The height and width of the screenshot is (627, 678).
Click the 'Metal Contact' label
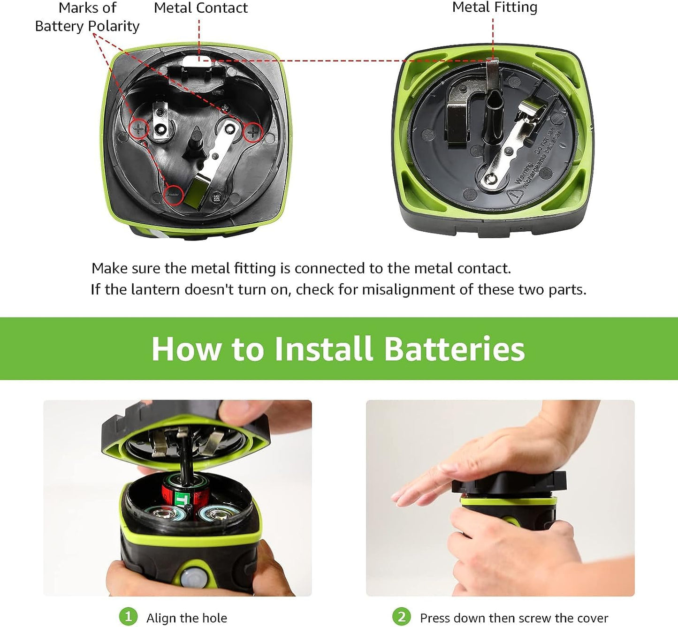click(200, 8)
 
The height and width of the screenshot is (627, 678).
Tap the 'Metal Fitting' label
click(495, 8)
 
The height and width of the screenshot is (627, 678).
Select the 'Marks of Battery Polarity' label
click(87, 17)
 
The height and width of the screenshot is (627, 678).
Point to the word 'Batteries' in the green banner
click(454, 349)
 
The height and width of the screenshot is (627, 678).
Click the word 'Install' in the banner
click(323, 349)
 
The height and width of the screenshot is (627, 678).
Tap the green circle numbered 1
click(128, 616)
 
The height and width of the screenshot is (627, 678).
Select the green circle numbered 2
click(401, 616)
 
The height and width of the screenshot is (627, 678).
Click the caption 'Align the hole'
click(187, 618)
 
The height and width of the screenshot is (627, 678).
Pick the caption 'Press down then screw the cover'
click(514, 618)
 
